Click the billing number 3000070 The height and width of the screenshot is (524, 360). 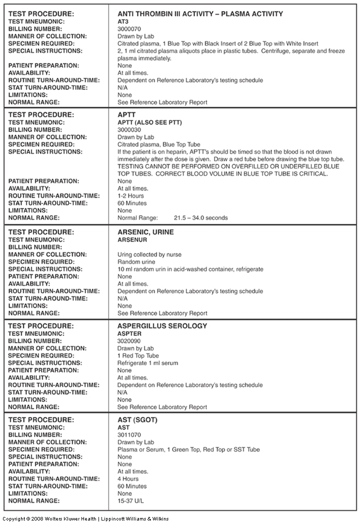(129, 29)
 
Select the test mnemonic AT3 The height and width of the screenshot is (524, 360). (123, 22)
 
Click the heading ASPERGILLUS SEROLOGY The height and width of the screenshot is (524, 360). (162, 326)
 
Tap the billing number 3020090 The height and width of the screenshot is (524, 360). (129, 341)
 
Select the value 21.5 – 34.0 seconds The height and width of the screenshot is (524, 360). (200, 218)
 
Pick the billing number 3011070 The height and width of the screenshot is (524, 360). (129, 435)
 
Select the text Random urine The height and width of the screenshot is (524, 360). (136, 262)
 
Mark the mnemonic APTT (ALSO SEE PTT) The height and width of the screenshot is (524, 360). (149, 122)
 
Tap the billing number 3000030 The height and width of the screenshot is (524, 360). (129, 129)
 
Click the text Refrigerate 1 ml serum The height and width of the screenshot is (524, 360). (147, 363)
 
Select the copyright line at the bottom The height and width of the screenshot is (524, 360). (85, 518)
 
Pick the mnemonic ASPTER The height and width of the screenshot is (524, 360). (129, 333)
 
